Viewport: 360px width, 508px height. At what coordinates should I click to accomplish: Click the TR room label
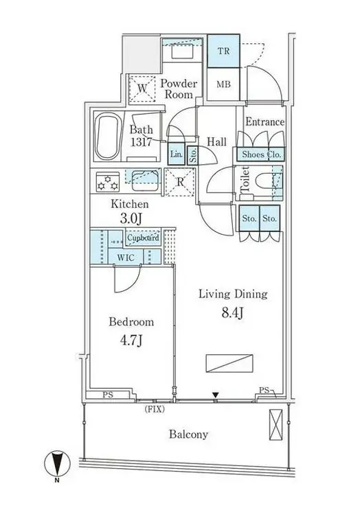(x=223, y=51)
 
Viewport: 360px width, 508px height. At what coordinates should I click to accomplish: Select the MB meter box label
(x=223, y=84)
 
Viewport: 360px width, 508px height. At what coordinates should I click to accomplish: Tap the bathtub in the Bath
(x=107, y=136)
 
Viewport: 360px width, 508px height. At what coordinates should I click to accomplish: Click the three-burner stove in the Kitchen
(x=108, y=181)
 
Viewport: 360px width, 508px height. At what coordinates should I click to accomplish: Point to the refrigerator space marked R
(x=180, y=182)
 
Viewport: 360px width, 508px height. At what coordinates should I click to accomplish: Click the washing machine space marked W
(x=142, y=89)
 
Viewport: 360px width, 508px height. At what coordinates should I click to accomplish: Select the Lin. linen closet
(x=177, y=154)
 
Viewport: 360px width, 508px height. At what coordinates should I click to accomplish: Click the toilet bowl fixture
(x=265, y=183)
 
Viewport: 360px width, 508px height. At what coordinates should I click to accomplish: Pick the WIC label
(x=126, y=258)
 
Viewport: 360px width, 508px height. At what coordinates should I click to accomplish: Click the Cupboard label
(x=143, y=238)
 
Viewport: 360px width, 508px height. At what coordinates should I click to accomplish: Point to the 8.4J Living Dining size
(x=232, y=313)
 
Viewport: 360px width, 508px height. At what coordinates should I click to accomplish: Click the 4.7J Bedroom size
(x=131, y=340)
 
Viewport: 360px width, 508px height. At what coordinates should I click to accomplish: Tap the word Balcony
(x=188, y=434)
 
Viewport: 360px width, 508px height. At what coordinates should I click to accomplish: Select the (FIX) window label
(x=155, y=410)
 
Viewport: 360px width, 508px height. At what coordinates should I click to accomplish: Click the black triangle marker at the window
(x=215, y=395)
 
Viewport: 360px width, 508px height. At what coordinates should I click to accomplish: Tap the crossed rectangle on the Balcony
(x=275, y=425)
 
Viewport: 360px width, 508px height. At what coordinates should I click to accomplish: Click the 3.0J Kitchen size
(x=131, y=219)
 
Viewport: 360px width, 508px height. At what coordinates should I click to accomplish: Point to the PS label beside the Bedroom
(x=108, y=395)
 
